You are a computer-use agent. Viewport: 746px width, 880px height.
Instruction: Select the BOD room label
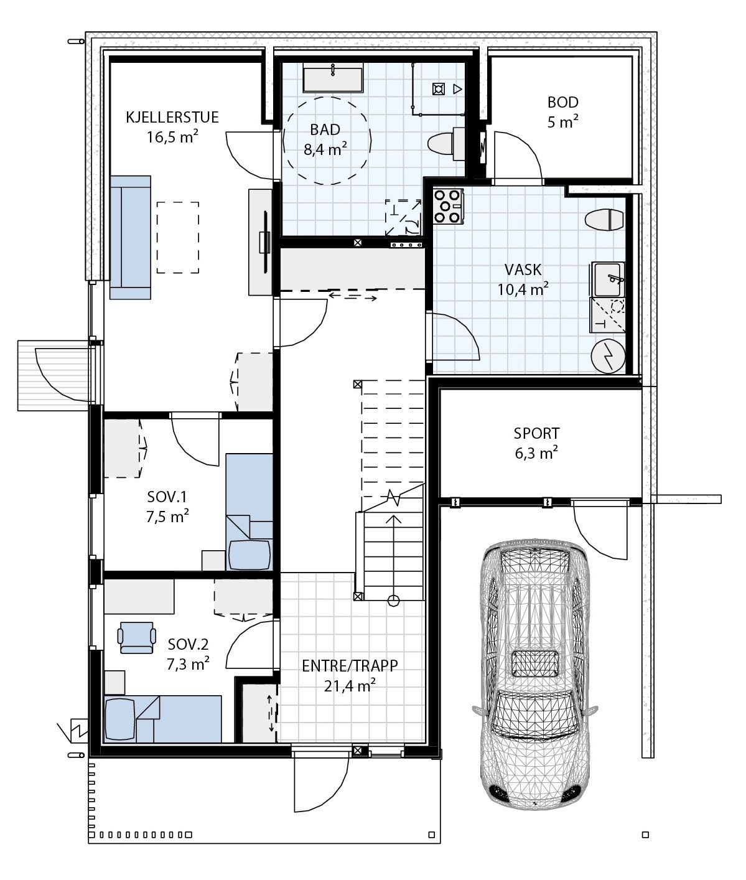click(562, 102)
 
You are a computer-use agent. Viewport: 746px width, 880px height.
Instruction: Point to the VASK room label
click(523, 269)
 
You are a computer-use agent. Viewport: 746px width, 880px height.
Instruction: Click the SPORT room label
click(536, 433)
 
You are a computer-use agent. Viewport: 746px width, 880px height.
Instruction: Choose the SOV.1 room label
click(167, 497)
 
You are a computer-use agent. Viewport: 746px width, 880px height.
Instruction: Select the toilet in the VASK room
click(604, 220)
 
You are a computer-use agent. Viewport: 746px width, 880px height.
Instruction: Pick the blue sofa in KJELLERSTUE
click(130, 237)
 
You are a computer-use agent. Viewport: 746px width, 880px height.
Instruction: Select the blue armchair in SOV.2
click(137, 637)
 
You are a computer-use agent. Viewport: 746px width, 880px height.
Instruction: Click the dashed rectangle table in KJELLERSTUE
click(177, 237)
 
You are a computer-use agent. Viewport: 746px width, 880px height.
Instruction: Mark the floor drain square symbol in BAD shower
click(439, 90)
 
